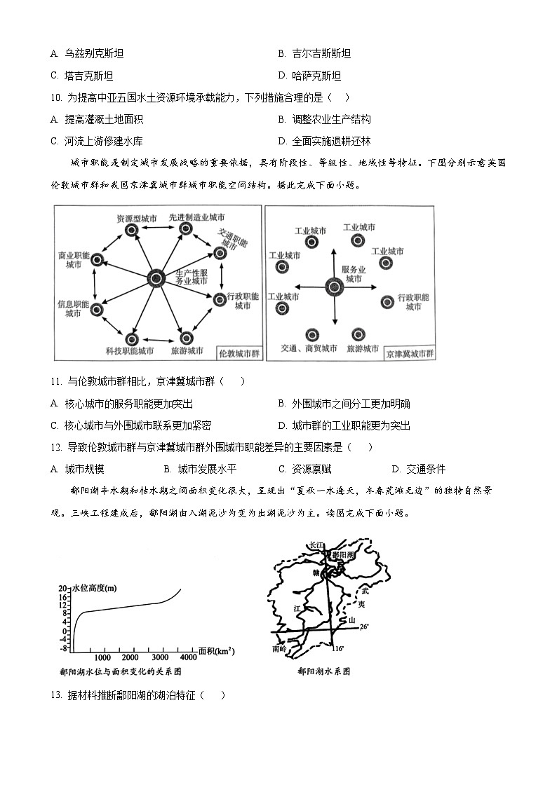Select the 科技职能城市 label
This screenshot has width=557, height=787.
point(129,350)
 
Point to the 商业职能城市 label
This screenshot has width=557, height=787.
point(73,261)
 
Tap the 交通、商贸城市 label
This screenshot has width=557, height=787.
point(309,348)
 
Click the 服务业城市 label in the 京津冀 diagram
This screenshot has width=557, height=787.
point(352,274)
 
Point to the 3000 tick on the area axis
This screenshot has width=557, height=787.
point(161,657)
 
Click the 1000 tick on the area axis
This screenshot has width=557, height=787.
point(102,657)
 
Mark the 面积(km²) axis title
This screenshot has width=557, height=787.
point(215,651)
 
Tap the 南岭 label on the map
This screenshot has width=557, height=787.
point(278,649)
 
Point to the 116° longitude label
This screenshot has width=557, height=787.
point(339,649)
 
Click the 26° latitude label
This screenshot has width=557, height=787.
point(364,626)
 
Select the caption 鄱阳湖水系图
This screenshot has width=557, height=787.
point(323,671)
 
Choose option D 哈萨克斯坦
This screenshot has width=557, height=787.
point(309,76)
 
